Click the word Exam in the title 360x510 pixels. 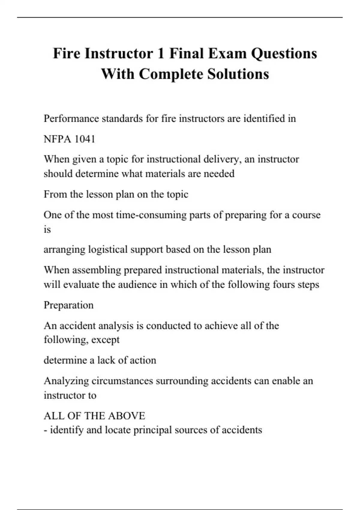pyautogui.click(x=227, y=54)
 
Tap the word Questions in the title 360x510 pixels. pyautogui.click(x=284, y=54)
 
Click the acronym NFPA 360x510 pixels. pyautogui.click(x=57, y=139)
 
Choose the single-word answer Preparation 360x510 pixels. pyautogui.click(x=69, y=305)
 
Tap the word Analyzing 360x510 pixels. pyautogui.click(x=66, y=381)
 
